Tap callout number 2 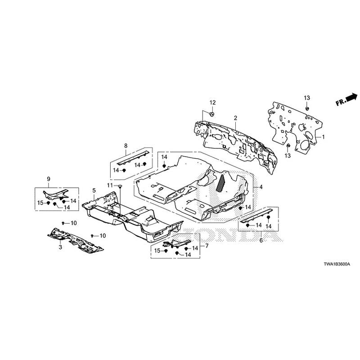[x=235, y=118]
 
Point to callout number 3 [x=59, y=247]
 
